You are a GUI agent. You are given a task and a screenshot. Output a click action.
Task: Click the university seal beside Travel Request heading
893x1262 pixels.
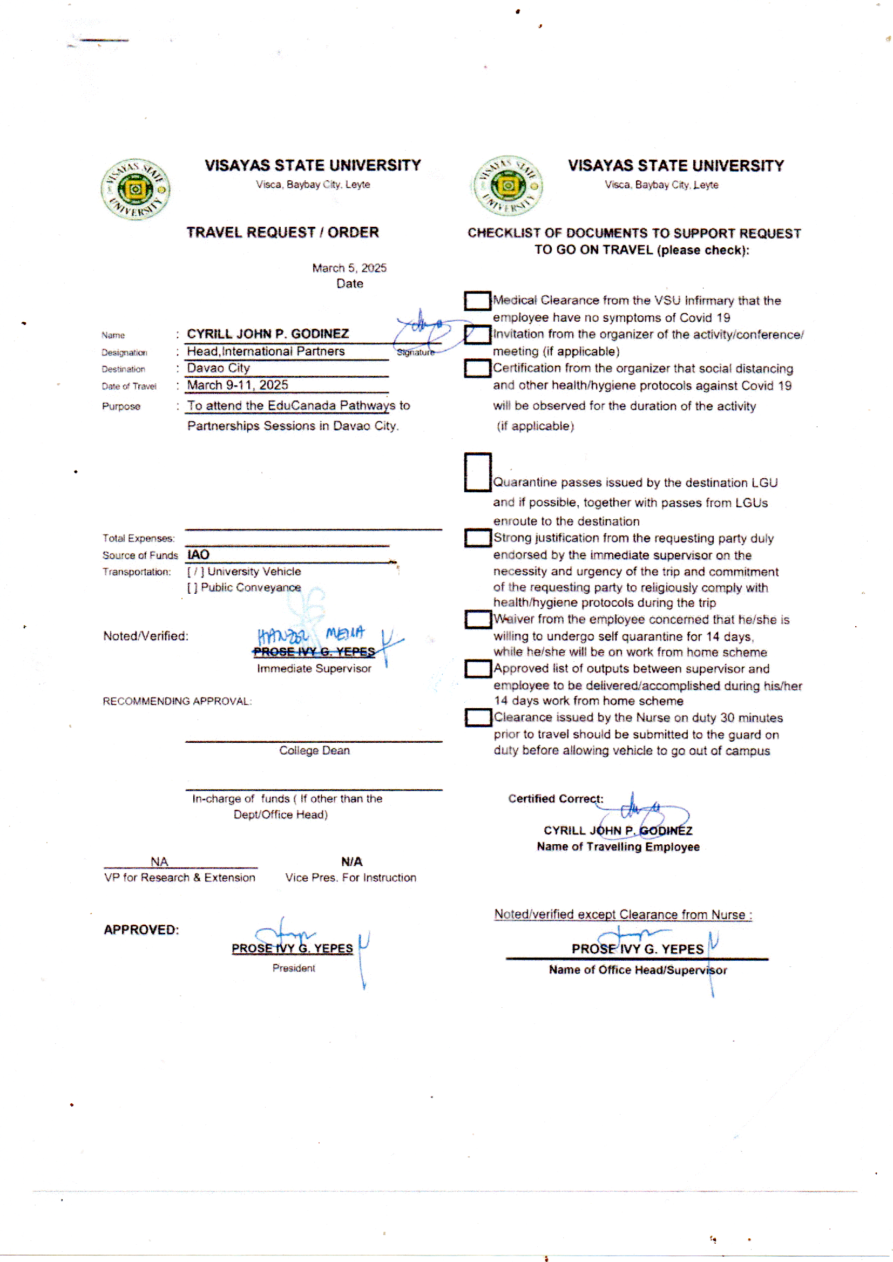pos(136,189)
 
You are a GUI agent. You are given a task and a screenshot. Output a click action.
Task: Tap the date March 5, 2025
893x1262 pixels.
pos(349,268)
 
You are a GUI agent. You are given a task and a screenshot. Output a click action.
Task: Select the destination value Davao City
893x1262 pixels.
pos(218,368)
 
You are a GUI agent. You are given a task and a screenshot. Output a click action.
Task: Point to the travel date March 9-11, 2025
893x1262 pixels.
pos(238,385)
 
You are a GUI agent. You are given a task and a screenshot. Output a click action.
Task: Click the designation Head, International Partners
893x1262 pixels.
pos(266,351)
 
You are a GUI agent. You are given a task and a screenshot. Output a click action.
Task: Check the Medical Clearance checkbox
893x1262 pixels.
pos(477,301)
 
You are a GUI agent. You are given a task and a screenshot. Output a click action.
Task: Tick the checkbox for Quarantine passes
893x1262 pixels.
pos(477,472)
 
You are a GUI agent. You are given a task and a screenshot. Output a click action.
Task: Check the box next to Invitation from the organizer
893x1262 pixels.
pos(477,335)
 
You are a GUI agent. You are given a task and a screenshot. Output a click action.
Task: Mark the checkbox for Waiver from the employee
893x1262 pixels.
pos(478,620)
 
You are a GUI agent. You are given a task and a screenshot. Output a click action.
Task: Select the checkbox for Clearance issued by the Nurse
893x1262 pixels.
pos(478,717)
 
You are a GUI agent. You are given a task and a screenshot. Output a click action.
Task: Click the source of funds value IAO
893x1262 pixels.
pos(198,554)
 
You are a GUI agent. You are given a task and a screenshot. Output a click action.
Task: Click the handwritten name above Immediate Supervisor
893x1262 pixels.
pos(311,635)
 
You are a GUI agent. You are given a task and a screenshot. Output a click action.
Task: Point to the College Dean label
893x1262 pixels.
pos(314,750)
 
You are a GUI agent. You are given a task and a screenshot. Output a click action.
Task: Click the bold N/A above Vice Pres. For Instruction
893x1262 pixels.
pos(351,861)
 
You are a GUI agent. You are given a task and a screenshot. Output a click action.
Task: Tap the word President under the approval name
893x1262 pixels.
pos(294,968)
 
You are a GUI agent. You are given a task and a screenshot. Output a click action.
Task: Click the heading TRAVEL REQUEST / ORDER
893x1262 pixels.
pos(282,233)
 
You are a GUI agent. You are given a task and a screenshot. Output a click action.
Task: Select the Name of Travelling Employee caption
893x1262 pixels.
pos(618,846)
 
